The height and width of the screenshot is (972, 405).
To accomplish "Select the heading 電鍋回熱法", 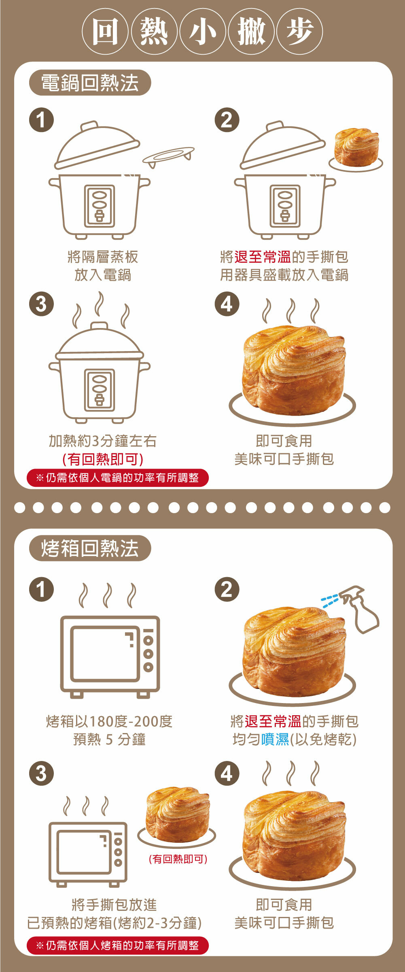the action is point(90,83).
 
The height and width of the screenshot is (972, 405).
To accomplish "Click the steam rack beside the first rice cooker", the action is point(168,156).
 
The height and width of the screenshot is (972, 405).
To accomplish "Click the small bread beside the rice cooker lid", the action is point(356,147).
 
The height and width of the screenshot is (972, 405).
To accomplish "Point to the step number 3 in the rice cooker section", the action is point(41,304).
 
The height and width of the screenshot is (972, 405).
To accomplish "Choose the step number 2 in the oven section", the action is point(227,589).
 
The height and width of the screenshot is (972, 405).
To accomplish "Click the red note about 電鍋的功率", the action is point(118,478).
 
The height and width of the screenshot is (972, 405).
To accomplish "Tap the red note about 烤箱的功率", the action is point(118,945).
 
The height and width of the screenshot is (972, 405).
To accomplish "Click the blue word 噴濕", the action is point(275,739).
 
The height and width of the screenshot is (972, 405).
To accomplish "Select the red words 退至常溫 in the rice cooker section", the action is point(263,256).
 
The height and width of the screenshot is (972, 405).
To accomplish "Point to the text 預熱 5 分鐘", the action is point(109,739).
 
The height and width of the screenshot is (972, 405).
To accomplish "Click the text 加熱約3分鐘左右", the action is point(103,441).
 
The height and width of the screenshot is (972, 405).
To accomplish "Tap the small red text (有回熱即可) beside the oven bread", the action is point(178,859).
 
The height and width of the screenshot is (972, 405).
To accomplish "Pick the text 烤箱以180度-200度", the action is point(109,721).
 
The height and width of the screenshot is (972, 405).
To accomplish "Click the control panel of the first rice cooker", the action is point(100,206).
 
